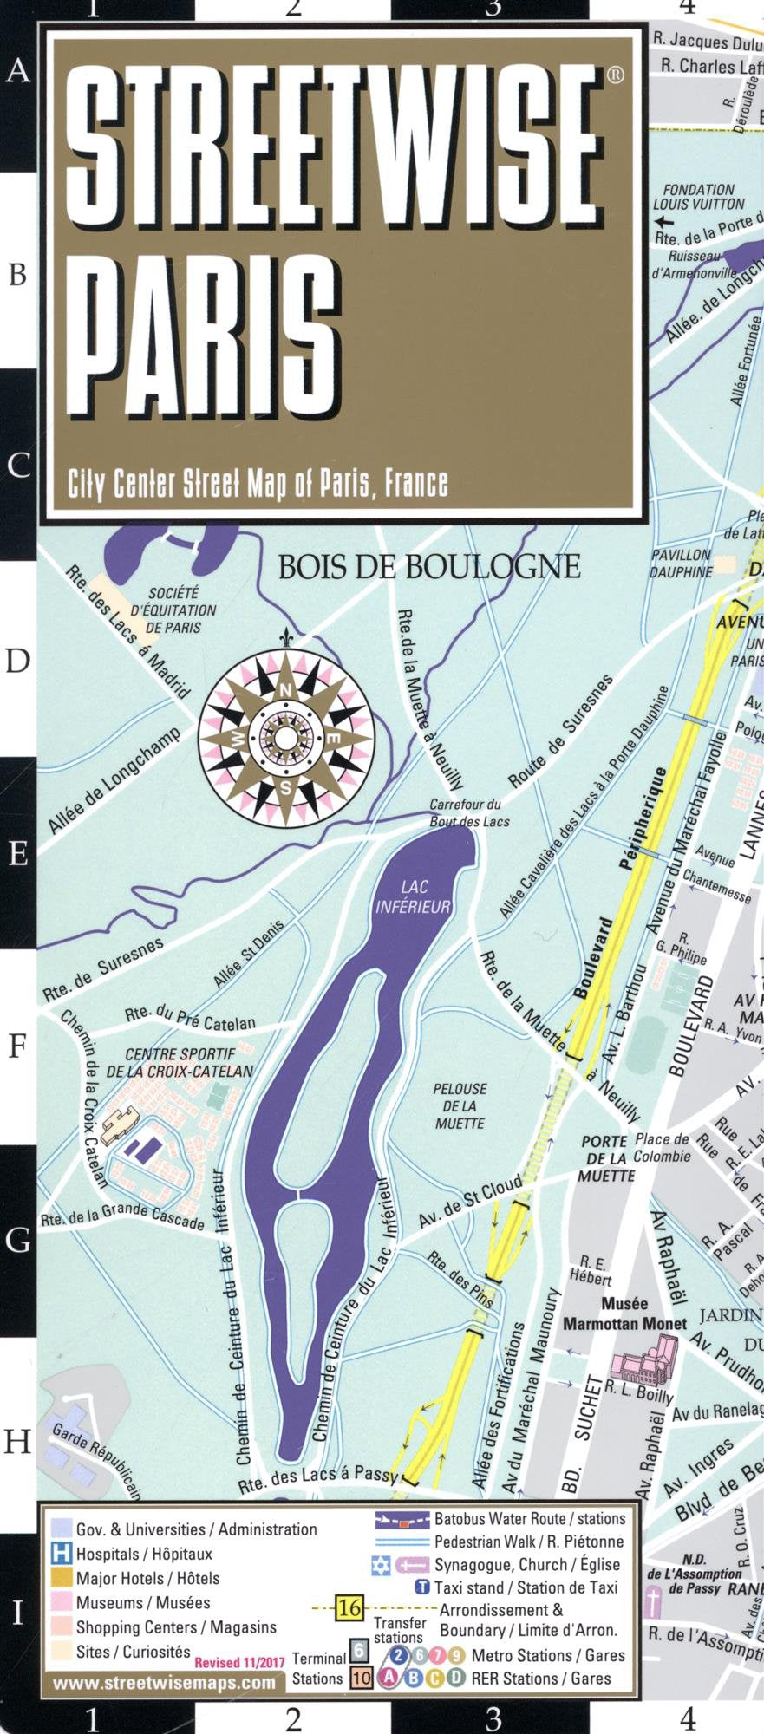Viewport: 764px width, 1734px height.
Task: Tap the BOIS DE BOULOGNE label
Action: pos(428,567)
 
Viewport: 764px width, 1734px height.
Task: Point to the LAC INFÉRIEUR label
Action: pos(413,897)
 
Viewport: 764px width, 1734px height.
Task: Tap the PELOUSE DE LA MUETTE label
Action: pos(460,1105)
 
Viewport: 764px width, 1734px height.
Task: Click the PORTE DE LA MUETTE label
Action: pos(606,1159)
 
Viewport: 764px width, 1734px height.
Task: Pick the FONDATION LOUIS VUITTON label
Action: pos(699,197)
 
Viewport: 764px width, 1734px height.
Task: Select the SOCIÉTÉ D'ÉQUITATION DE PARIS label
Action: pos(173,610)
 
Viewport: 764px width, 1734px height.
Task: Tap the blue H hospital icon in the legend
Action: pos(62,1554)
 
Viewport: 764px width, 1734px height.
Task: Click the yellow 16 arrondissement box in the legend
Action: pos(349,1608)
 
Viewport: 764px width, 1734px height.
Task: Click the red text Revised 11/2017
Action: pos(239,1663)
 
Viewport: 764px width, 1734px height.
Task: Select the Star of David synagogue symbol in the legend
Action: pos(381,1565)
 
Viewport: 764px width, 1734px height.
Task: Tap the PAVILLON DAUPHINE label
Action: pos(682,564)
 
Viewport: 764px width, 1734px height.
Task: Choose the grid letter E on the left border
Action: pos(18,854)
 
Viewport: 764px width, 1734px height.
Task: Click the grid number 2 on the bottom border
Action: pos(293,1718)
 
